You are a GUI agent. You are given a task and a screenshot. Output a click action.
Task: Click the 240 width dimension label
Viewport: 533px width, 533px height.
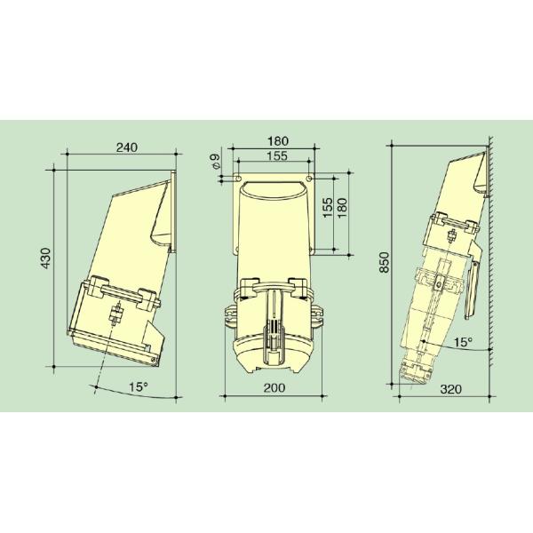tap(127, 148)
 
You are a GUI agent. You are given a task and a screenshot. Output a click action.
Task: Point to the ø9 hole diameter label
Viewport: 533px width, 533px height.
tap(214, 164)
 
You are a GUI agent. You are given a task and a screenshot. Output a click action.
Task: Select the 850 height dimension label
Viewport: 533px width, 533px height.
tap(385, 264)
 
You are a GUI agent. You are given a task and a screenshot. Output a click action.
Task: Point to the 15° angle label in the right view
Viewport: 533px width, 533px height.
tap(463, 341)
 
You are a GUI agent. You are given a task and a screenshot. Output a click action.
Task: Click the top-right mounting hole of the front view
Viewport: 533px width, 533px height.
tap(307, 178)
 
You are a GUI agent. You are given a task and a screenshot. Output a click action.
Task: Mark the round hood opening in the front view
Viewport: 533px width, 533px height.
tap(273, 190)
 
